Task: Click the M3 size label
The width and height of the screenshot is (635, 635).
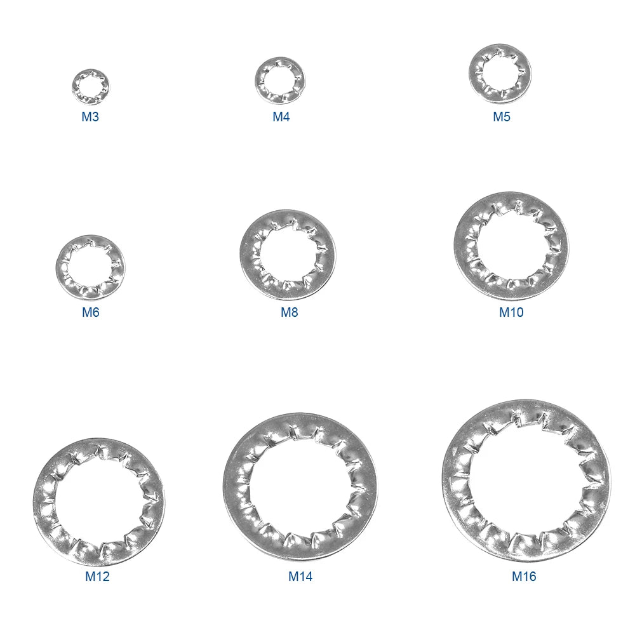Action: pyautogui.click(x=90, y=117)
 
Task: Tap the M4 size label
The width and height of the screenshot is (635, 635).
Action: pyautogui.click(x=281, y=117)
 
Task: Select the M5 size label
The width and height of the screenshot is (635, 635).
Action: pyautogui.click(x=502, y=117)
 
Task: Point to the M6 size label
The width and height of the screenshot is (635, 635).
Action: pyautogui.click(x=91, y=312)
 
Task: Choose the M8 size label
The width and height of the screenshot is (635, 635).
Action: pyautogui.click(x=290, y=312)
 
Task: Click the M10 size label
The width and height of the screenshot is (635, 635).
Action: pyautogui.click(x=511, y=312)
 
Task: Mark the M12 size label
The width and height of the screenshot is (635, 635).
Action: pyautogui.click(x=97, y=577)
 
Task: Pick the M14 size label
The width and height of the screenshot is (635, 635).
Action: pyautogui.click(x=300, y=577)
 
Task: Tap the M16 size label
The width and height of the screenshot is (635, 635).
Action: pyautogui.click(x=524, y=577)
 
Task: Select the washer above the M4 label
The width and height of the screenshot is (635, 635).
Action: pyautogui.click(x=280, y=67)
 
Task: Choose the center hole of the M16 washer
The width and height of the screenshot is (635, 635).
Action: pyautogui.click(x=526, y=481)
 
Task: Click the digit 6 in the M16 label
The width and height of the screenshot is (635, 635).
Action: pyautogui.click(x=532, y=577)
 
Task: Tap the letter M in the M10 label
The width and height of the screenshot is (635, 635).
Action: pyautogui.click(x=504, y=312)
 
